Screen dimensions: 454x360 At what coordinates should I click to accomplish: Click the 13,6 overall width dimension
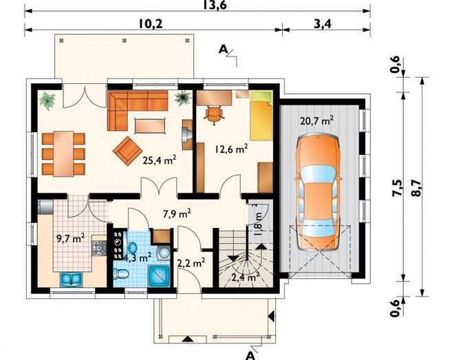(214, 5)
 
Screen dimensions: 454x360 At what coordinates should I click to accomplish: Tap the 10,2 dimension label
(151, 24)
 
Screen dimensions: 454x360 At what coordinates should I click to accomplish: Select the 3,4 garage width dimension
(322, 24)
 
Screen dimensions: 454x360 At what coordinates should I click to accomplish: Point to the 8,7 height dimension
(416, 187)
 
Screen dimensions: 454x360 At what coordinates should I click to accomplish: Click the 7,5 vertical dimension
(398, 188)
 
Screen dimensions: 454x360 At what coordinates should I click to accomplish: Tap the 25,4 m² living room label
(160, 160)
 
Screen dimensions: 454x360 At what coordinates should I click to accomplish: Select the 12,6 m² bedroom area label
(231, 149)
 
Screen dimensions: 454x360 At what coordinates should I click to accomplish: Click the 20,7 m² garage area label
(317, 120)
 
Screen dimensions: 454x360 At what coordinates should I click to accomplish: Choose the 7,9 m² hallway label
(177, 214)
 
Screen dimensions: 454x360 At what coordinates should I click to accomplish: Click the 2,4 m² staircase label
(246, 277)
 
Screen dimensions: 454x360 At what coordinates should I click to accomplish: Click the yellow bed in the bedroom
(261, 116)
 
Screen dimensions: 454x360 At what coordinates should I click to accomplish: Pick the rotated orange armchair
(127, 151)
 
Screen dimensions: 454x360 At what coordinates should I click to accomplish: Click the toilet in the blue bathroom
(121, 274)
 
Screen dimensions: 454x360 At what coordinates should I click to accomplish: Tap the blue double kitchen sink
(72, 279)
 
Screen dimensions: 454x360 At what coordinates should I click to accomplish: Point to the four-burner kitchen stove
(99, 248)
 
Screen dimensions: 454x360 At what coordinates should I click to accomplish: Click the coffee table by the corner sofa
(150, 126)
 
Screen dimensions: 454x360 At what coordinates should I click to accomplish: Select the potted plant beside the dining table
(47, 100)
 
